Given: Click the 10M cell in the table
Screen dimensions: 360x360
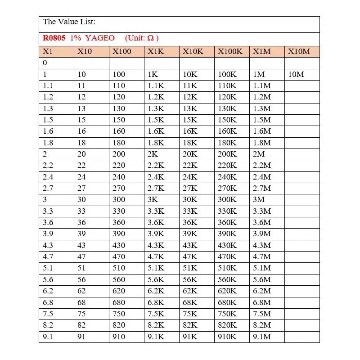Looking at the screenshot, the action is tap(296, 74).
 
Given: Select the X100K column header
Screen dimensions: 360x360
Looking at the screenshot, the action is tap(230, 51).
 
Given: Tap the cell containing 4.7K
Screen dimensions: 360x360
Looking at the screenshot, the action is tap(156, 256).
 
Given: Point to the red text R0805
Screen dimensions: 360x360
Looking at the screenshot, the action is tap(54, 38).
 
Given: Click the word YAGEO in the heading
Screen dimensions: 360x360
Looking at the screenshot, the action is tap(100, 38).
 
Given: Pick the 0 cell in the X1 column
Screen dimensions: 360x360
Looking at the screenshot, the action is tap(45, 63).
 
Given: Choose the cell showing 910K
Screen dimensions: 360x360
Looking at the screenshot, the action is tap(227, 337).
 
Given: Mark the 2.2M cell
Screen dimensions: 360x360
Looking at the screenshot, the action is tap(262, 166).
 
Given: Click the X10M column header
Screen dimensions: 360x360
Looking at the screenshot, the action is tap(299, 51).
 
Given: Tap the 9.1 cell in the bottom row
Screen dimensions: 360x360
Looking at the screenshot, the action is tap(48, 337).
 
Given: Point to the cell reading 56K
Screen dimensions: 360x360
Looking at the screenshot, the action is tap(190, 279).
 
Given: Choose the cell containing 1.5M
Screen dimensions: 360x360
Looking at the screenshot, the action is tap(262, 120).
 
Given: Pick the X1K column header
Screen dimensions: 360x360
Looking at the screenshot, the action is tap(155, 51).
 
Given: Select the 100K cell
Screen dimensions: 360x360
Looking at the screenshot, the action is tap(227, 74).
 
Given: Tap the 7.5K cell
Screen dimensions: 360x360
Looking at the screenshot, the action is tap(156, 314).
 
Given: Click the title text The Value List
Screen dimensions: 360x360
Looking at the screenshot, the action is tap(69, 22).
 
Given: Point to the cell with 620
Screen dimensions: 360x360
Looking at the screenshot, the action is tap(119, 291).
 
